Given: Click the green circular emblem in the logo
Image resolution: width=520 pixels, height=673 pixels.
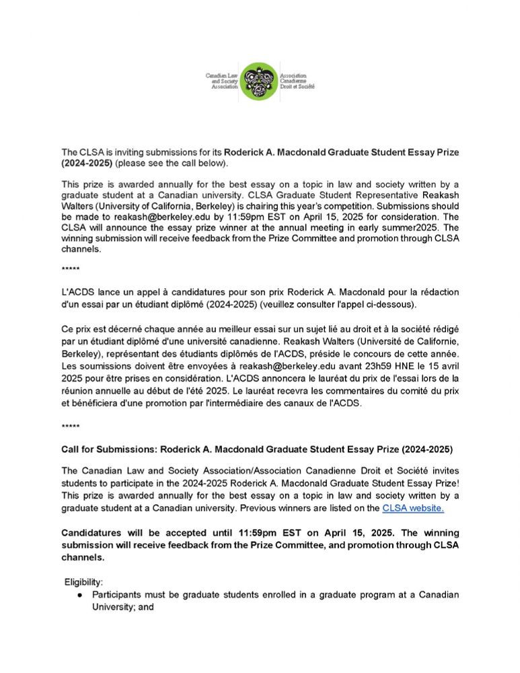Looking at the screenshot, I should [259, 81].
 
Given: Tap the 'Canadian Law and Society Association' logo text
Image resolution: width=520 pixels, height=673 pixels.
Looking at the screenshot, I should [223, 81].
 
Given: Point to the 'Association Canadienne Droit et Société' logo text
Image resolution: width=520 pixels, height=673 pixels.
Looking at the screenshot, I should [297, 81].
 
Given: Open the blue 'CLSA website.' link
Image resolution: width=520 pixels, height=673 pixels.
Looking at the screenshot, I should [413, 507].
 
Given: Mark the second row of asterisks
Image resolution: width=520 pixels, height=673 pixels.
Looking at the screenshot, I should [71, 427].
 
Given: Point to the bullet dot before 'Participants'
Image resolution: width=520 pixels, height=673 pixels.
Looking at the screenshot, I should [79, 595].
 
